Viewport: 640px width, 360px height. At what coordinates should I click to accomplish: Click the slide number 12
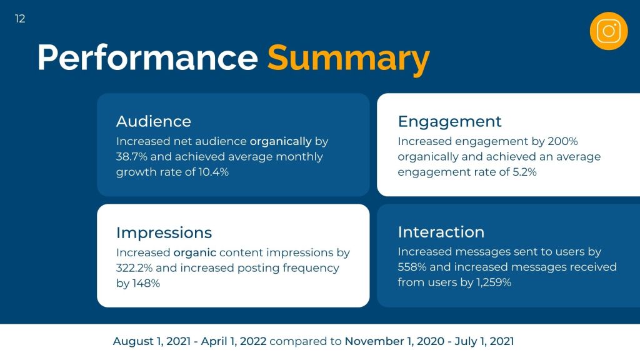pyautogui.click(x=20, y=19)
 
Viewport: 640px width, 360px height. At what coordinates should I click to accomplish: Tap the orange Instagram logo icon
pyautogui.click(x=608, y=31)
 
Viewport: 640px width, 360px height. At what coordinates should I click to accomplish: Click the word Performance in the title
pyautogui.click(x=147, y=57)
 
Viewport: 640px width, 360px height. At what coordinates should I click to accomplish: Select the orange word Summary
pyautogui.click(x=348, y=59)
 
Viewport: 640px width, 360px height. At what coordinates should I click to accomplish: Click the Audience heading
pyautogui.click(x=154, y=121)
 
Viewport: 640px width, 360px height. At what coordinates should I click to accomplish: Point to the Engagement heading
pyautogui.click(x=449, y=122)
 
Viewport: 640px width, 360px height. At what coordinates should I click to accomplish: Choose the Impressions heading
pyautogui.click(x=164, y=233)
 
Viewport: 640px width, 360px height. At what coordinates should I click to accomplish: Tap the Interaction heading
pyautogui.click(x=441, y=232)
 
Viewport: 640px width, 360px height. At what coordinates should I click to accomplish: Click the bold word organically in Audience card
pyautogui.click(x=281, y=142)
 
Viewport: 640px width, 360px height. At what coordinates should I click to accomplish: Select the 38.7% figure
pyautogui.click(x=131, y=157)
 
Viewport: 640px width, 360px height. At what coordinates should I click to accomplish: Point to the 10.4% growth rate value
pyautogui.click(x=214, y=172)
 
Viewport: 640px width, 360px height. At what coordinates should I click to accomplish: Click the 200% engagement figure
pyautogui.click(x=563, y=141)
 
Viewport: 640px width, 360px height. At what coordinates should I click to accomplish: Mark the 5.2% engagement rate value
pyautogui.click(x=524, y=172)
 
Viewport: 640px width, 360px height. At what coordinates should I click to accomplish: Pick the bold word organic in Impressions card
pyautogui.click(x=195, y=253)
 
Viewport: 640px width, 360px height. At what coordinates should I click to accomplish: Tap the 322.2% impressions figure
pyautogui.click(x=134, y=268)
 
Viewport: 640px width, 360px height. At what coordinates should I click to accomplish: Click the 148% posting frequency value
pyautogui.click(x=146, y=284)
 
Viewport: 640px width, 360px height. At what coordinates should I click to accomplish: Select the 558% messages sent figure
pyautogui.click(x=412, y=267)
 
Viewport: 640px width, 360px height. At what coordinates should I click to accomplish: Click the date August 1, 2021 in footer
pyautogui.click(x=152, y=341)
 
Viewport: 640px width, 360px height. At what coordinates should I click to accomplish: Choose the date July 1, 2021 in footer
pyautogui.click(x=484, y=341)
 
